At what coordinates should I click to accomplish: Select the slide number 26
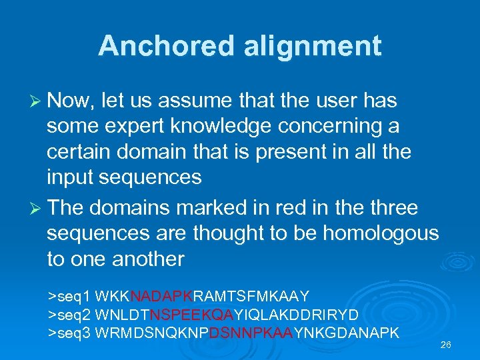pos(446,345)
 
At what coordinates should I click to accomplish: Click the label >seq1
pos(70,295)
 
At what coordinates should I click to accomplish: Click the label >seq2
pos(70,313)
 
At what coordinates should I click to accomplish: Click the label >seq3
pos(70,332)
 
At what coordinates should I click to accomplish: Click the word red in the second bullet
pos(280,208)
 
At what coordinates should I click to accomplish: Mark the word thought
pos(231,233)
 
